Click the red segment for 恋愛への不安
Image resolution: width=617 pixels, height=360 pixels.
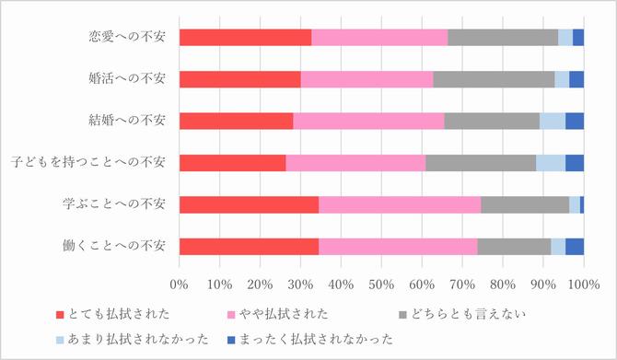[245, 38]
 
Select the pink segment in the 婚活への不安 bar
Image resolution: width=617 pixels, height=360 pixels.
[367, 79]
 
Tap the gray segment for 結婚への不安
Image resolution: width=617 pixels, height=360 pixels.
[491, 121]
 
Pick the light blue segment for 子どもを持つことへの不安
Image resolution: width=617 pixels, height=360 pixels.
[550, 163]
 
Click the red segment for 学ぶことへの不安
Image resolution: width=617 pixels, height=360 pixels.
[249, 204]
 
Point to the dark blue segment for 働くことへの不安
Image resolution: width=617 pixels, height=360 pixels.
[574, 246]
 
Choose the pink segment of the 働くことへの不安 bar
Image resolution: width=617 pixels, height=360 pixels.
[398, 246]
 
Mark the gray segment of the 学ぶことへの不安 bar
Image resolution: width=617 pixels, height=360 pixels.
[524, 204]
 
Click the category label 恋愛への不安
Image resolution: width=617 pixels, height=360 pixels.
[122, 38]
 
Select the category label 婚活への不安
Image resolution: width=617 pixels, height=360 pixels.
[122, 79]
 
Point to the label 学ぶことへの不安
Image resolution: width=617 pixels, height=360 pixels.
[115, 204]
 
